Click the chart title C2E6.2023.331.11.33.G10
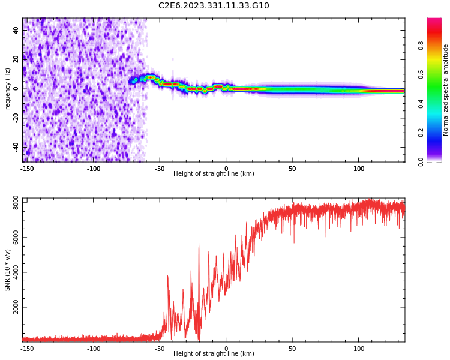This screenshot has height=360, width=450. [x=214, y=6]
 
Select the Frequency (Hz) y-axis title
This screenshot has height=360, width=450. [x=8, y=90]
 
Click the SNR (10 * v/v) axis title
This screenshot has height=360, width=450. [x=8, y=270]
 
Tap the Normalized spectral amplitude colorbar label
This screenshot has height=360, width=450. [x=446, y=90]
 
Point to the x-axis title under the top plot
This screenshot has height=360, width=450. [x=214, y=174]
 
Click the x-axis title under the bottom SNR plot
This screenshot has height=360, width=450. [x=214, y=354]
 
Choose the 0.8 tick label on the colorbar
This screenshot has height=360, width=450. [x=422, y=43]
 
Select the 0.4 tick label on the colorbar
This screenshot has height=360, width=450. [x=422, y=103]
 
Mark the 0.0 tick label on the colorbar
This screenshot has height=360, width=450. [x=422, y=161]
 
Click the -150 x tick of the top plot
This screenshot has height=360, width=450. [x=27, y=169]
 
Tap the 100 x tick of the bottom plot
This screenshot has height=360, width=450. [x=359, y=349]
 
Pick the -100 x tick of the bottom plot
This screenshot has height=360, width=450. [x=94, y=349]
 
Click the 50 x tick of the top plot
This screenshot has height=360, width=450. [x=292, y=169]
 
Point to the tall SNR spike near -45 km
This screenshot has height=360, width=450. [x=167, y=277]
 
